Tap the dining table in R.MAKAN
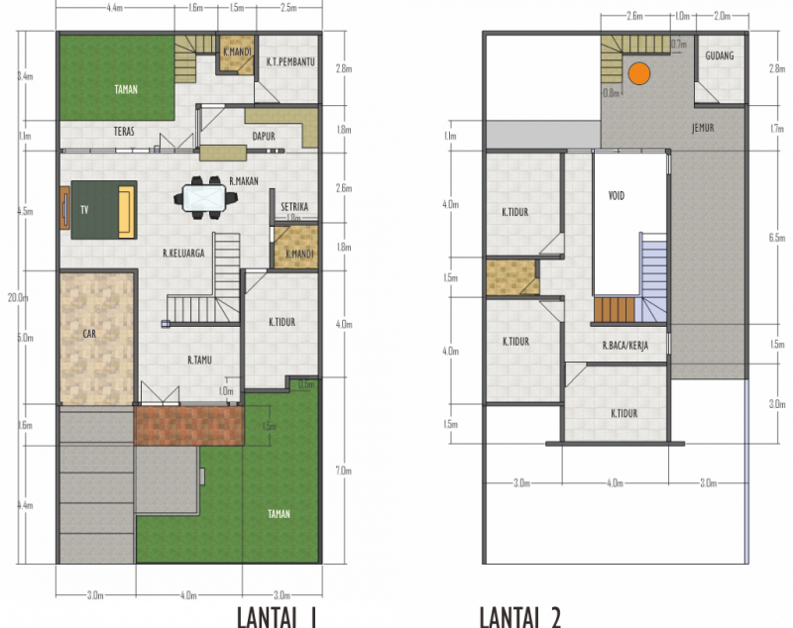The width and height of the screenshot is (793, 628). coord(209,198)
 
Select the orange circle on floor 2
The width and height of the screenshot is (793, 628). coord(639,72)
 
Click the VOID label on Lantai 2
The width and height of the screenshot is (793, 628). coord(617,195)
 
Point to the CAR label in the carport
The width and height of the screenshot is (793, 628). coord(88,334)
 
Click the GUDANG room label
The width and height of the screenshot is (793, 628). coord(719,55)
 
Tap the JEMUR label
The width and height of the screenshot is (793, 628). coord(704,128)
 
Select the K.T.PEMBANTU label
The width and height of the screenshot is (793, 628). coord(290,61)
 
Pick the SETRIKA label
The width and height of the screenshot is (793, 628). coord(294,206)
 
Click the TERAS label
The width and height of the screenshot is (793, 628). coord(124,131)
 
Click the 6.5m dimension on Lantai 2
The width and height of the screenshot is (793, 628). coord(776,238)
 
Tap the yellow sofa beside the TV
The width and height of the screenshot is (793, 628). coord(125,209)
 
